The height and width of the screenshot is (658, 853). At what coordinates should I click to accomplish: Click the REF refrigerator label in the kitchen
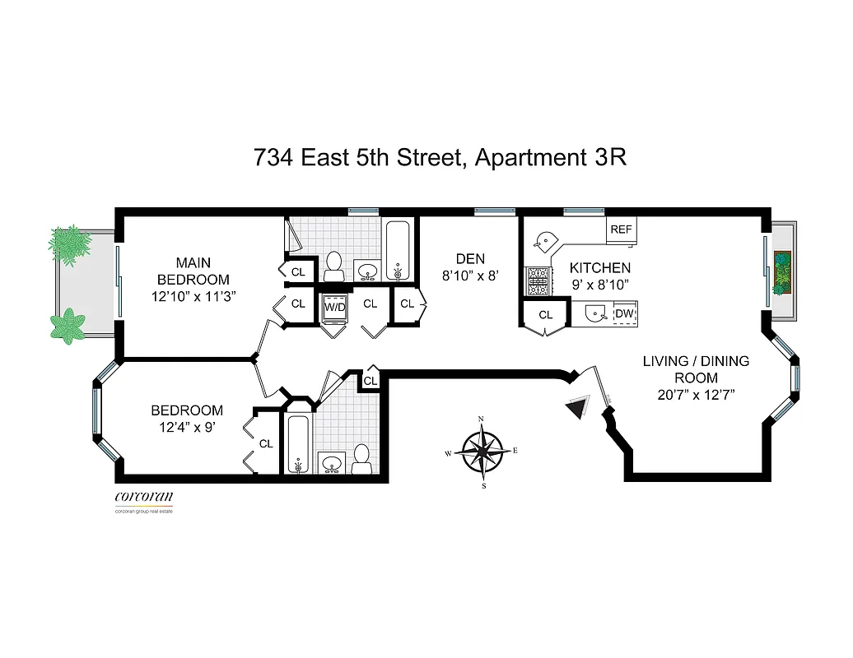pos(621,229)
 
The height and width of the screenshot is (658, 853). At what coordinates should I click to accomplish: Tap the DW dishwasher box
pos(625,313)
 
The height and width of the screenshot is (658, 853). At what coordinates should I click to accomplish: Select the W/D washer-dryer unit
pos(335,308)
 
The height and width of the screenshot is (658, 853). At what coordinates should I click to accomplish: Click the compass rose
pos(482,450)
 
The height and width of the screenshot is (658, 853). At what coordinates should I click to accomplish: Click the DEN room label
pos(470,259)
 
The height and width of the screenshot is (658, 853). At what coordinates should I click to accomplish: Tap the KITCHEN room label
pos(600,268)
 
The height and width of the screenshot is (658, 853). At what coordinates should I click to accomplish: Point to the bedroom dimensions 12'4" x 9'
pos(186,428)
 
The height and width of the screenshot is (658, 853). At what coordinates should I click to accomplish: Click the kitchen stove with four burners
pos(538,281)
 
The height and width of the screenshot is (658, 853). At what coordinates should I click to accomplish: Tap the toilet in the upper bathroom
pos(333,265)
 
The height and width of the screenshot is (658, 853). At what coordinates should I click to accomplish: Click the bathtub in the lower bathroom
pos(296,444)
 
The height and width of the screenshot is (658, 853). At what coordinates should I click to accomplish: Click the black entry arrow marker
pos(578,406)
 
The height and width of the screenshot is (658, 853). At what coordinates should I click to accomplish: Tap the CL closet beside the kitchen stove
pos(545,315)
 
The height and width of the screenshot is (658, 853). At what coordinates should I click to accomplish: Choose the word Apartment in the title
pos(530,157)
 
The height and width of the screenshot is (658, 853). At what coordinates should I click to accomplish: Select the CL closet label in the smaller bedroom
pos(265,443)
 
